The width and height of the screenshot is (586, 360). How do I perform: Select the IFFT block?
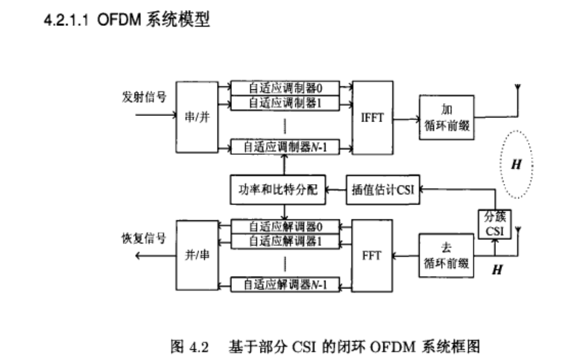pyautogui.click(x=372, y=117)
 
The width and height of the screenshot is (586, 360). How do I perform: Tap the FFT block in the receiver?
pyautogui.click(x=372, y=256)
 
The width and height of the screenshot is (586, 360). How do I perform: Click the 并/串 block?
pyautogui.click(x=196, y=256)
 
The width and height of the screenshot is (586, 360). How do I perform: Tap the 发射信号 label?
pyautogui.click(x=145, y=97)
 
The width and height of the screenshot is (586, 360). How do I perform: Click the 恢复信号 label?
pyautogui.click(x=145, y=239)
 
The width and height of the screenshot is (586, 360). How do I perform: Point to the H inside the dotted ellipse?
pyautogui.click(x=517, y=164)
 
